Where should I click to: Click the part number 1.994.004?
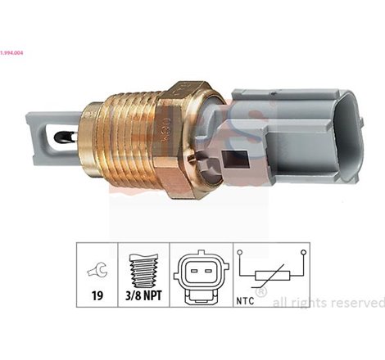[16, 7]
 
